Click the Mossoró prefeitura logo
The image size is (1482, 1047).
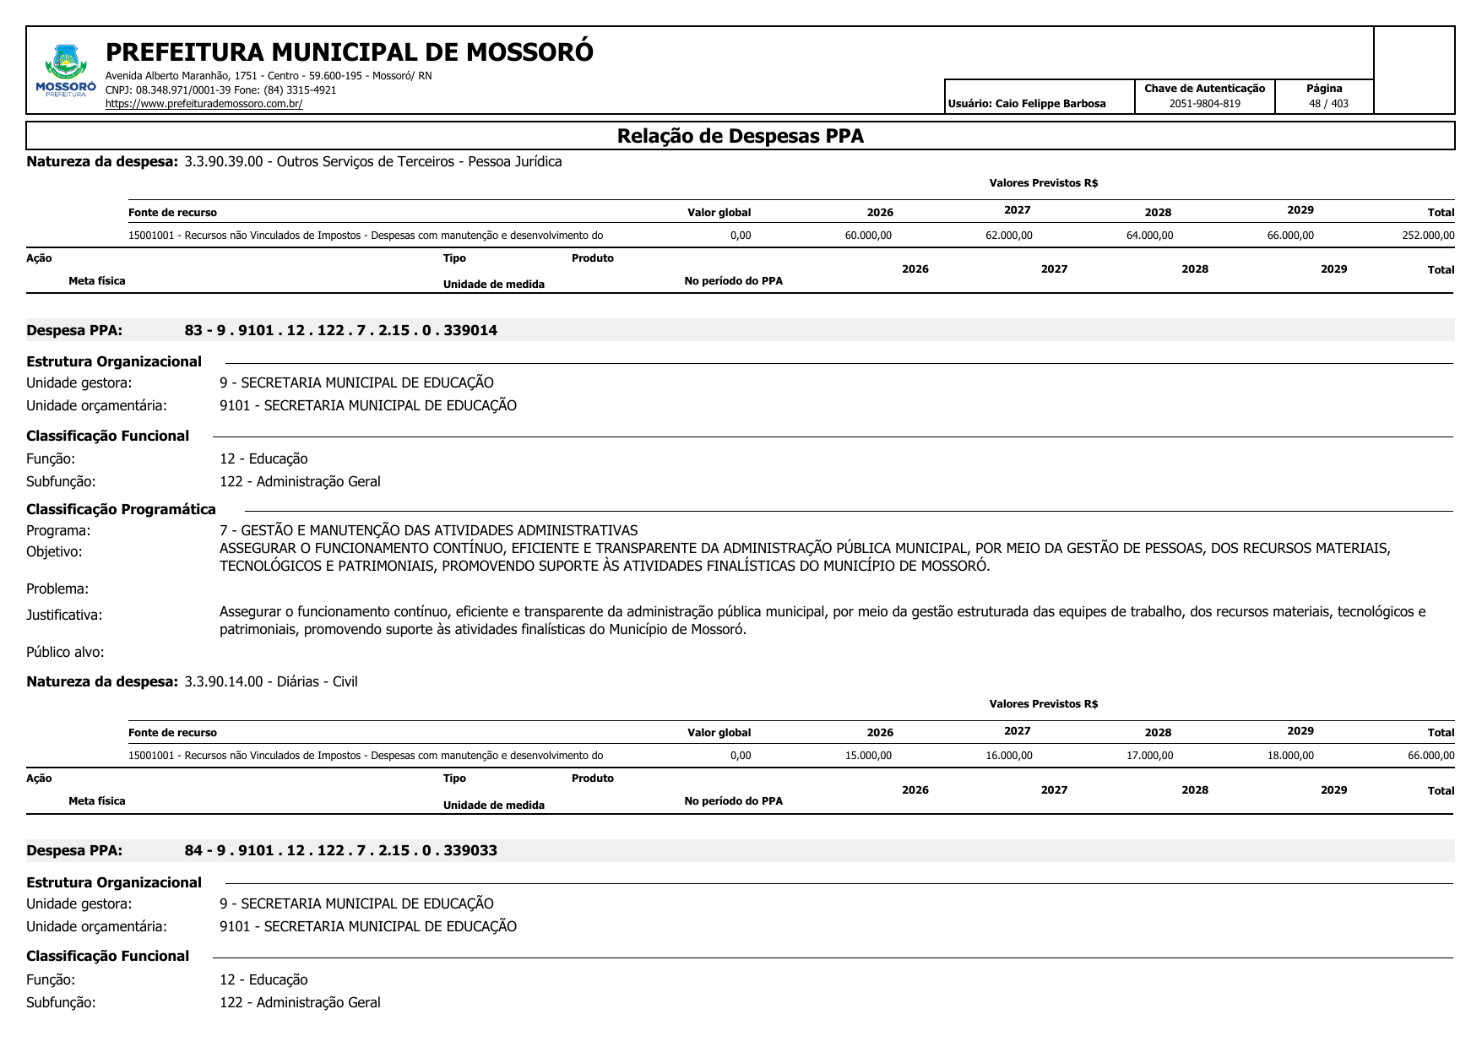[65, 72]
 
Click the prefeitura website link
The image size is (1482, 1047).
[204, 104]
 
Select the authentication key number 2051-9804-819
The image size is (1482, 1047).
[1204, 104]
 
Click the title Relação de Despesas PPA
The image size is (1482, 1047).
[740, 136]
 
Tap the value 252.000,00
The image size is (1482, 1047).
[1428, 236]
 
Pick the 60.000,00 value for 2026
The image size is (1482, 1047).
[868, 236]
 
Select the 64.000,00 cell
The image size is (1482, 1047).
[1149, 236]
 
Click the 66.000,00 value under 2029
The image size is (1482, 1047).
[1290, 236]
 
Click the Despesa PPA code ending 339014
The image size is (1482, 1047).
[340, 330]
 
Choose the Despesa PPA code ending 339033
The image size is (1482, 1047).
[340, 850]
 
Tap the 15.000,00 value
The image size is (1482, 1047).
[868, 756]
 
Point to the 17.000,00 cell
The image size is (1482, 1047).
[1149, 756]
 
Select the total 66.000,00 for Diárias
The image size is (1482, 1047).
[1430, 756]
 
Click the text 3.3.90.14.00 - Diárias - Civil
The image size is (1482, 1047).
[270, 681]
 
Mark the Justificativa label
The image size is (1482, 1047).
[64, 616]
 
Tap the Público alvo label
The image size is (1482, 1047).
[65, 652]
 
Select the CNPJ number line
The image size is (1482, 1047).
[220, 90]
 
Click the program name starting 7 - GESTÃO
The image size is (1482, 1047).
[428, 530]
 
